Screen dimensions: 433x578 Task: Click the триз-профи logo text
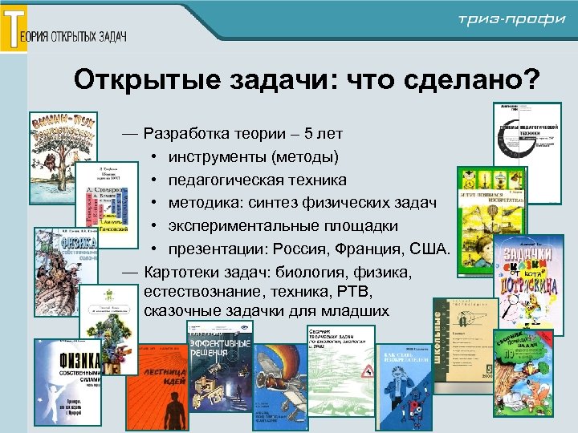tap(511, 20)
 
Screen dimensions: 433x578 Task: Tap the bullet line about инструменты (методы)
tap(254, 156)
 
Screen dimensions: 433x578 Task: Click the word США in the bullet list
tap(430, 249)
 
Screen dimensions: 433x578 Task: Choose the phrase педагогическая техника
tap(258, 179)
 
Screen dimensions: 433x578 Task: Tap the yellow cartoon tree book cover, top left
tap(62, 152)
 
